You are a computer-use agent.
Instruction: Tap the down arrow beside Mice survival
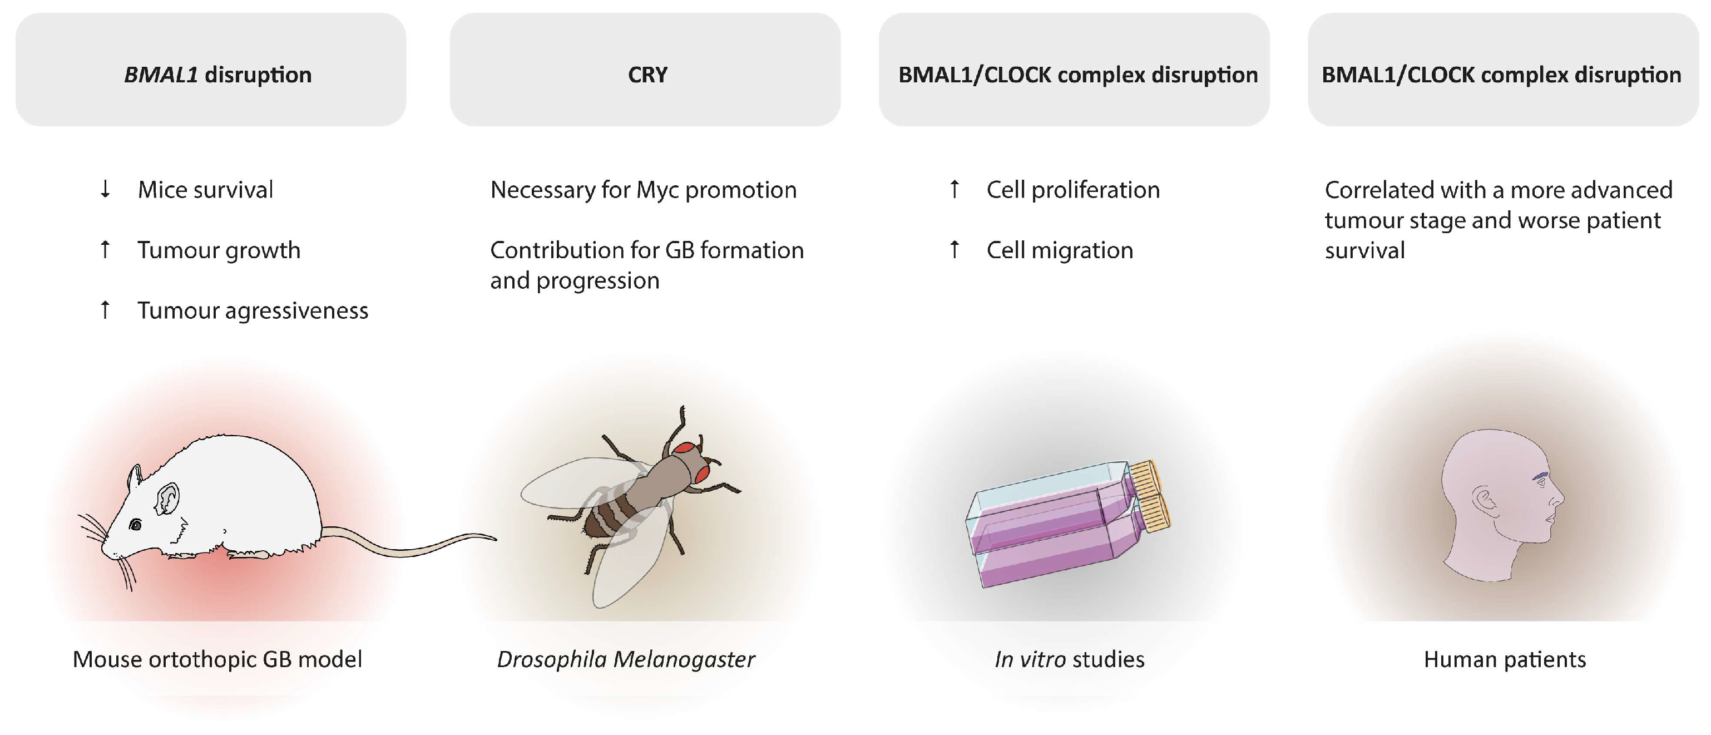[105, 189]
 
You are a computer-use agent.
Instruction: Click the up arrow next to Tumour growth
[105, 250]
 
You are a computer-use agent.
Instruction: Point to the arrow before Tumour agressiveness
[105, 310]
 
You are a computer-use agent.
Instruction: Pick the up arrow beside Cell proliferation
[955, 189]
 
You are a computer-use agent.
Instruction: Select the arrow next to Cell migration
[955, 250]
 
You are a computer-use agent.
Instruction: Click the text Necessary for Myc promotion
[643, 190]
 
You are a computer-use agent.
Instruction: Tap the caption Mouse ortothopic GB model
[217, 659]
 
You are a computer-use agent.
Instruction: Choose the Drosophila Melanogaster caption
[626, 659]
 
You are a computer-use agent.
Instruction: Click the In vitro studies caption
[1069, 659]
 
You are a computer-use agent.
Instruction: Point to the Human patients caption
[1505, 659]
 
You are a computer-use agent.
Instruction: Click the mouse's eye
[136, 525]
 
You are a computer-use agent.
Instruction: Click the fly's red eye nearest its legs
[701, 473]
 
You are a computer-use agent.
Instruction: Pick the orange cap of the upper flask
[1144, 476]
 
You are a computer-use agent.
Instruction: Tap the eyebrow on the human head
[1540, 476]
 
